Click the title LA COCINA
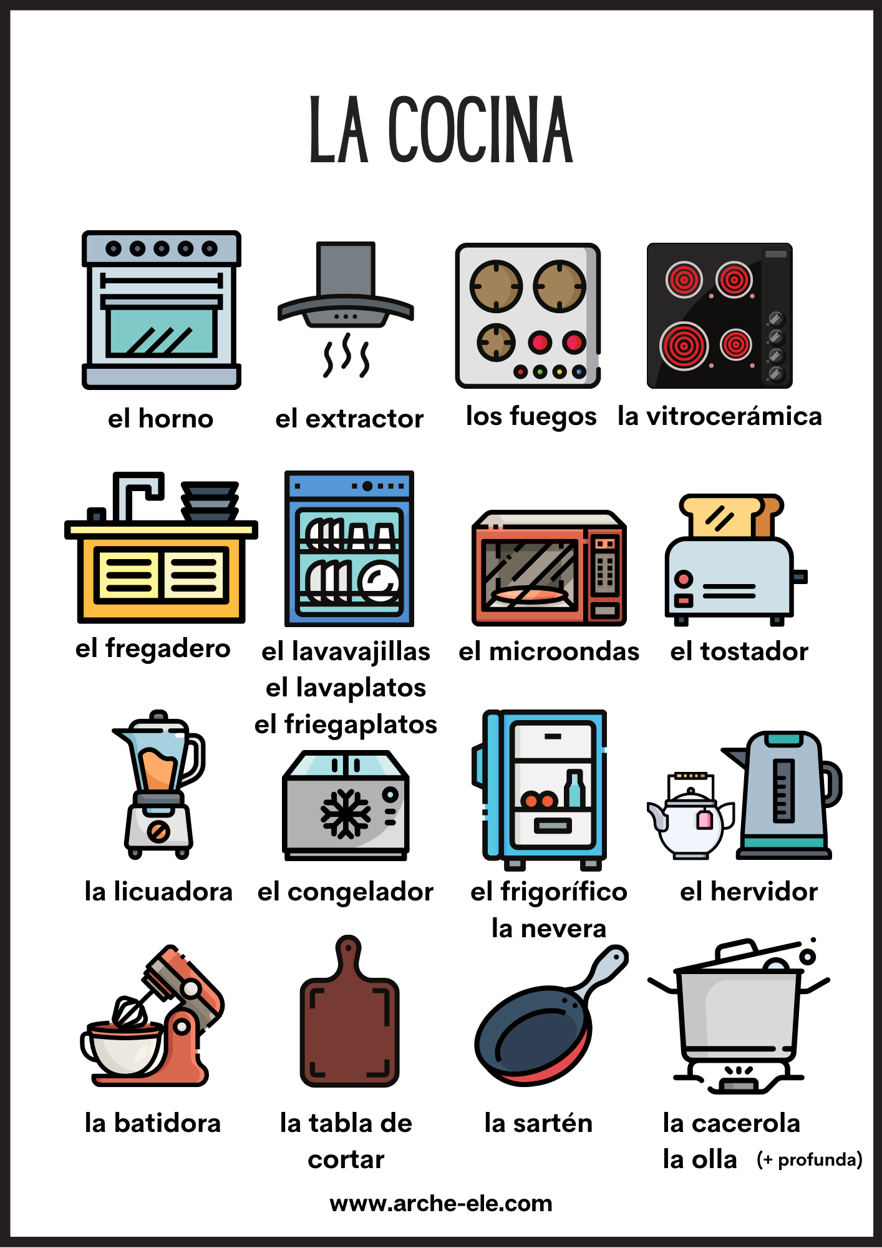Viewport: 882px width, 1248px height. coord(441,130)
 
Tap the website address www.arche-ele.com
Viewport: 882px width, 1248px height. coord(441,1203)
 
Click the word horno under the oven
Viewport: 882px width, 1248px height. coord(176,418)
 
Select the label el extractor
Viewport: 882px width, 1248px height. coord(349,419)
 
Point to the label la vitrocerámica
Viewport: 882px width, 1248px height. coord(720,416)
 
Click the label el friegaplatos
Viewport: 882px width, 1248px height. coord(346,725)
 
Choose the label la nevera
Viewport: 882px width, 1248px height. coord(548,929)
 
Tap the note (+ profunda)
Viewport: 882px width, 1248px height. coord(810,1160)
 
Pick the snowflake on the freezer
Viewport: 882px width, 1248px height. coord(345,813)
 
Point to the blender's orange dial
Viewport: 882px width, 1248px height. coord(158,832)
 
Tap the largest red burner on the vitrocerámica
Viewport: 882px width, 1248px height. coord(684,346)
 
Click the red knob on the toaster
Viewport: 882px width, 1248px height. coord(684,578)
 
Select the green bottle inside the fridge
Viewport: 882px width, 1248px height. coord(574,789)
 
